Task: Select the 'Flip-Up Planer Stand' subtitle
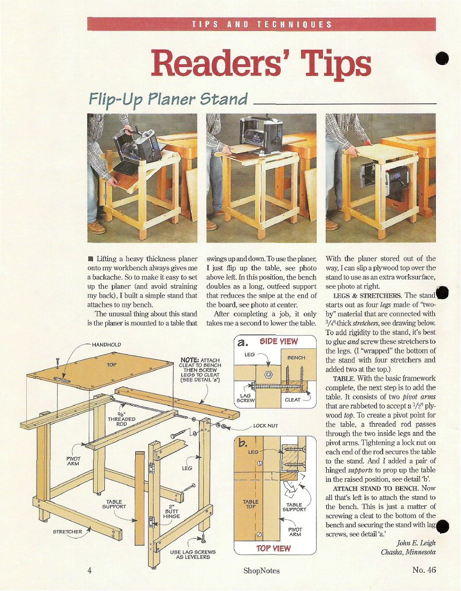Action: (168, 98)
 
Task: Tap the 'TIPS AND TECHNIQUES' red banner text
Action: (262, 25)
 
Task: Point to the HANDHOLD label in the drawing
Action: (106, 345)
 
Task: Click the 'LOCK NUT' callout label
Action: (265, 426)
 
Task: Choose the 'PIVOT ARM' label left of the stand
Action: (73, 461)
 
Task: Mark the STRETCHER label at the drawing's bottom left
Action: (67, 532)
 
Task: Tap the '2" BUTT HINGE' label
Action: (172, 511)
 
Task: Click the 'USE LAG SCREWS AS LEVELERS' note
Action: (193, 555)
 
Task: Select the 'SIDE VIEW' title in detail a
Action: (279, 342)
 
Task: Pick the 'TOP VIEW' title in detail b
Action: (273, 548)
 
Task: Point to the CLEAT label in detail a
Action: (293, 400)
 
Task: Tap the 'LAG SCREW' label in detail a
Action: (245, 398)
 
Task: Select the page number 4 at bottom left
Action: (90, 570)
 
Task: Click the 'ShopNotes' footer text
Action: (262, 571)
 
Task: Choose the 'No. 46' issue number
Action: (424, 570)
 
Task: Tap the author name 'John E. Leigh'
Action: (416, 543)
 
